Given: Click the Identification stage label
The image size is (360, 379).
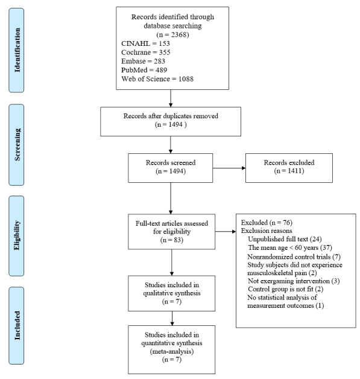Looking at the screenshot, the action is click(16, 50).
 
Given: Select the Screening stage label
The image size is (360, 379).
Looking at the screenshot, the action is click(16, 145).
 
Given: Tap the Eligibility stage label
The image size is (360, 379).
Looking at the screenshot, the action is click(16, 235).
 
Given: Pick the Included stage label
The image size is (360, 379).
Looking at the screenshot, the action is click(16, 325).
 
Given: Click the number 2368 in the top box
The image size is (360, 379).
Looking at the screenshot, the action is click(178, 34).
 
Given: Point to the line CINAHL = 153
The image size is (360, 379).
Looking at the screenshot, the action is click(145, 43).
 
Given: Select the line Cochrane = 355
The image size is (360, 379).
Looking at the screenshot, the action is click(146, 53).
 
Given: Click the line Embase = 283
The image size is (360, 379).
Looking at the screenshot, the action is click(143, 61).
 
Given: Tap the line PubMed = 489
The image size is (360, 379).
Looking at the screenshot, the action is click(144, 70).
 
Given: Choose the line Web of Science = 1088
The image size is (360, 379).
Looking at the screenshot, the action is click(157, 79).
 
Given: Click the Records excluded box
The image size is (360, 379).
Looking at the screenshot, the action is click(289, 168).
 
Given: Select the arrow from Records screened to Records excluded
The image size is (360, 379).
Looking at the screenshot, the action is click(229, 168).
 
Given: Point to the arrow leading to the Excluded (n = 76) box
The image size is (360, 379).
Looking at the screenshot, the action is click(226, 232).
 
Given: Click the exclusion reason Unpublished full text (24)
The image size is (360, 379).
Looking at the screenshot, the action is click(285, 239).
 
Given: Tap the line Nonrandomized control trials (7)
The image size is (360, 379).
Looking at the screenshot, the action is click(294, 256).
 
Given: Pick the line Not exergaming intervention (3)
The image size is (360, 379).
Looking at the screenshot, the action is click(294, 281).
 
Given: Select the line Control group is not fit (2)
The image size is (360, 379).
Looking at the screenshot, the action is click(286, 289).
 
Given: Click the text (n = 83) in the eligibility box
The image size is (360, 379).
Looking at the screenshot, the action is click(172, 240).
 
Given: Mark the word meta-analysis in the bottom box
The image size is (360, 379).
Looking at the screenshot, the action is click(172, 351).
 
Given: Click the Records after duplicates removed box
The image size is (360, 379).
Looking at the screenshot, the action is click(171, 121).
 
